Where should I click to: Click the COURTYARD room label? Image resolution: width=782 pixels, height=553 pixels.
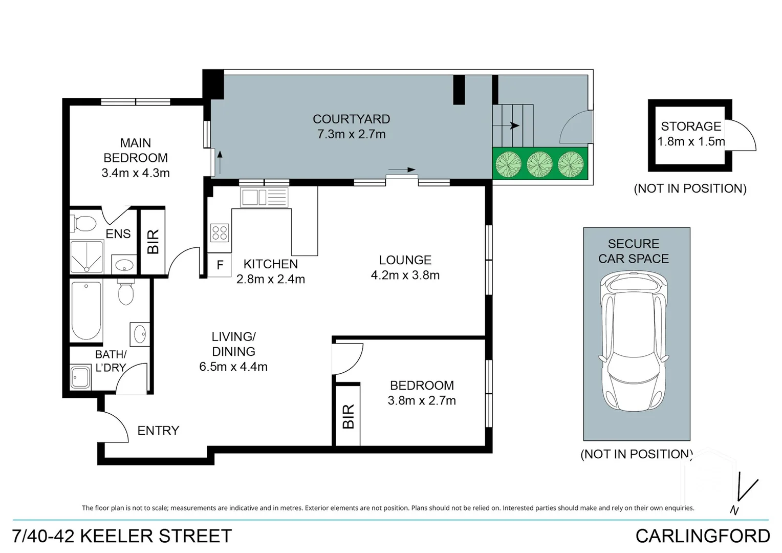(x=351, y=119)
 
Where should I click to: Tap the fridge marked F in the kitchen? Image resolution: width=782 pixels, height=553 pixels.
(x=220, y=265)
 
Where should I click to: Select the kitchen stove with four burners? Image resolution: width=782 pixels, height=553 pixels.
(x=220, y=233)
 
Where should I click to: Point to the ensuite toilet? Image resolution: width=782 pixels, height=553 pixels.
(x=84, y=224)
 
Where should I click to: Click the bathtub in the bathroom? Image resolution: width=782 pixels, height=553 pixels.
(x=86, y=310)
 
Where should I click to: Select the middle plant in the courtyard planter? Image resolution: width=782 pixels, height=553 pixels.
(x=539, y=164)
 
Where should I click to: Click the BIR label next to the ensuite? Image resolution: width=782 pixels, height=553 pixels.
(x=153, y=242)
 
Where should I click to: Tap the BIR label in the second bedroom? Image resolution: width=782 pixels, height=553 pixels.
(x=348, y=416)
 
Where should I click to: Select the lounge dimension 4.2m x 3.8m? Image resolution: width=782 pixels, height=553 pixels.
(x=405, y=275)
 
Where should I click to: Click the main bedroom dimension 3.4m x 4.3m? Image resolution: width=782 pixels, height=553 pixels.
(x=136, y=173)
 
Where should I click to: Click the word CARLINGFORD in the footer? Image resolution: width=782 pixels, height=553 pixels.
(x=702, y=536)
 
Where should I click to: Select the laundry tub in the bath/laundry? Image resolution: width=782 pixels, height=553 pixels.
(x=80, y=377)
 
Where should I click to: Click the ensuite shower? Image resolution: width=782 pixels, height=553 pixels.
(x=86, y=257)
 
